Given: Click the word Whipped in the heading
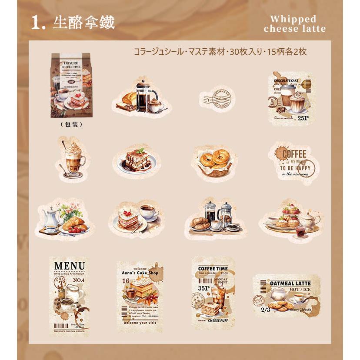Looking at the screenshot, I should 293,19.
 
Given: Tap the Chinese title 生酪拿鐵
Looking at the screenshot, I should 83,23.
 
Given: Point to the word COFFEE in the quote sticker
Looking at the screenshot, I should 294,153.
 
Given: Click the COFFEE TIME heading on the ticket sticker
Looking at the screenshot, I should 213,268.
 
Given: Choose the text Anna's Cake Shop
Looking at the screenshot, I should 140,273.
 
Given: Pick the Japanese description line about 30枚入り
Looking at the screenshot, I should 220,52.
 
